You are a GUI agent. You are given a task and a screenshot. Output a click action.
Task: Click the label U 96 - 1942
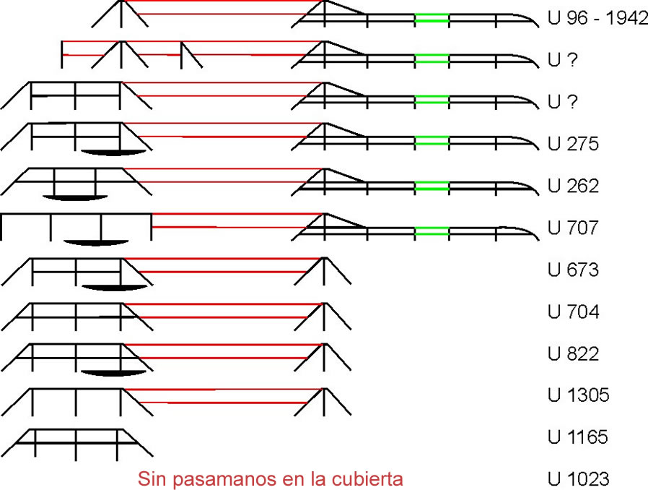pos(597,19)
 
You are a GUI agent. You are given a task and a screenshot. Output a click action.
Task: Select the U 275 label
pos(573,144)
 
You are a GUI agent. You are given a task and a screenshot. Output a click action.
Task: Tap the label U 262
pos(573,186)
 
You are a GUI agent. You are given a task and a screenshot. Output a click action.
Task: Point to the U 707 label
pos(573,228)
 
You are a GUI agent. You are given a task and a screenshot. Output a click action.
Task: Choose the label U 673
pos(573,270)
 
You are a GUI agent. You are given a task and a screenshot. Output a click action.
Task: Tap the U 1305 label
pos(579,395)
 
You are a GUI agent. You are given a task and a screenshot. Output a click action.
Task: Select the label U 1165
pos(579,437)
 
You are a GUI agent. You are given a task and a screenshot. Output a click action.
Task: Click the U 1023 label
pos(579,478)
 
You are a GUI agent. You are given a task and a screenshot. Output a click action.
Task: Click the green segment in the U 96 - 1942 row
pos(432,19)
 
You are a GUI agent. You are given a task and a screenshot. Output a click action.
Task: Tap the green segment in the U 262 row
pos(432,186)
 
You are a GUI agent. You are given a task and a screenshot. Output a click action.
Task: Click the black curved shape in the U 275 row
pos(114,152)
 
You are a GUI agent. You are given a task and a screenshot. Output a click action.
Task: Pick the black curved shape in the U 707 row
pos(95,241)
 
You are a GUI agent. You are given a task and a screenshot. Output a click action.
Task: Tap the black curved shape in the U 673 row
pos(114,288)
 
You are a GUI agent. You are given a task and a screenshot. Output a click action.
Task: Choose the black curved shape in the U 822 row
pos(114,371)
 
